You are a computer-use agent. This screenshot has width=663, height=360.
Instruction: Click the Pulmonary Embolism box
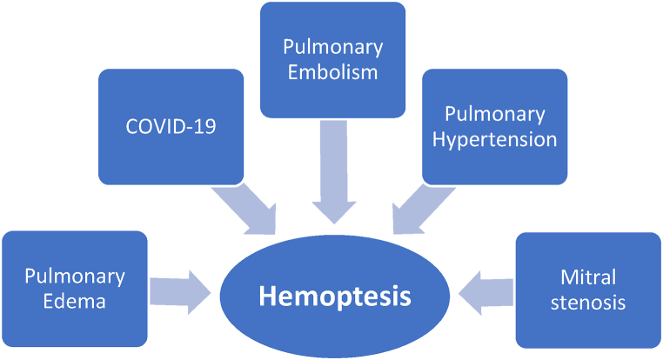333,59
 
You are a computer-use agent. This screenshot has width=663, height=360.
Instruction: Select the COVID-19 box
170,126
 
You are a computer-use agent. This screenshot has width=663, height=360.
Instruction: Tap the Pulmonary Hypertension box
494,126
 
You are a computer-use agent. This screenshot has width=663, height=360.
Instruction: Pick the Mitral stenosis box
588,290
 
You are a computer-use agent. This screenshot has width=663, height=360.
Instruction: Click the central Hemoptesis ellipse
335,297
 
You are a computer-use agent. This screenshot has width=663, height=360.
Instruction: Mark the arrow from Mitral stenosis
484,290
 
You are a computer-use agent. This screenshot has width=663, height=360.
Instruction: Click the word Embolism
333,71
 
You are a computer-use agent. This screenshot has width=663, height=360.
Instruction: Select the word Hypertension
494,139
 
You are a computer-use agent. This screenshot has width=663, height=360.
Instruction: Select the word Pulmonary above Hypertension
494,114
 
